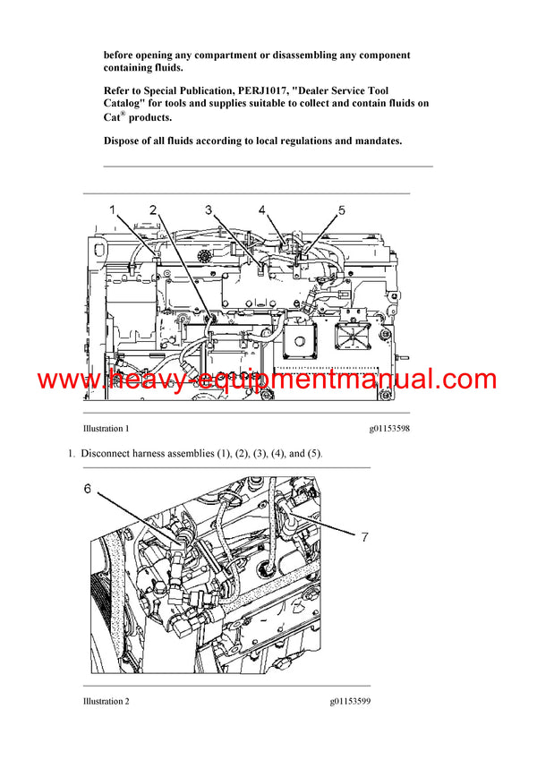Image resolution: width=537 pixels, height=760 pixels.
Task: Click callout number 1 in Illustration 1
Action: point(114,210)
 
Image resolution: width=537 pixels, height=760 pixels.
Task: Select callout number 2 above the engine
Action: point(154,210)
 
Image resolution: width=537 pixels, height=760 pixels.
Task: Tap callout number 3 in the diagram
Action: point(209,210)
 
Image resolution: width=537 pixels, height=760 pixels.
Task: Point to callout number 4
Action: point(262,210)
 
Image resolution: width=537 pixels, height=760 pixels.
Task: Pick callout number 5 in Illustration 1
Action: point(341,210)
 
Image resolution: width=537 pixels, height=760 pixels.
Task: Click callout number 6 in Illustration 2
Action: point(88,489)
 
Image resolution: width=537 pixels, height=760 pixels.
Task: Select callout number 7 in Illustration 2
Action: point(363,537)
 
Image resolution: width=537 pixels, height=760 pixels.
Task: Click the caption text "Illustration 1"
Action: point(106,429)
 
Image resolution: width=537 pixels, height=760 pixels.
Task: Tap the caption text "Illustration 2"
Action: point(106,701)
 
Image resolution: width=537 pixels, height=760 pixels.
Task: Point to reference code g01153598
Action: point(389,429)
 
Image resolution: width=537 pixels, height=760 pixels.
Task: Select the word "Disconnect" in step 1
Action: point(106,454)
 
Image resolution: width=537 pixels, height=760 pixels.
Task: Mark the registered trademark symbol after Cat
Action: point(125,113)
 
